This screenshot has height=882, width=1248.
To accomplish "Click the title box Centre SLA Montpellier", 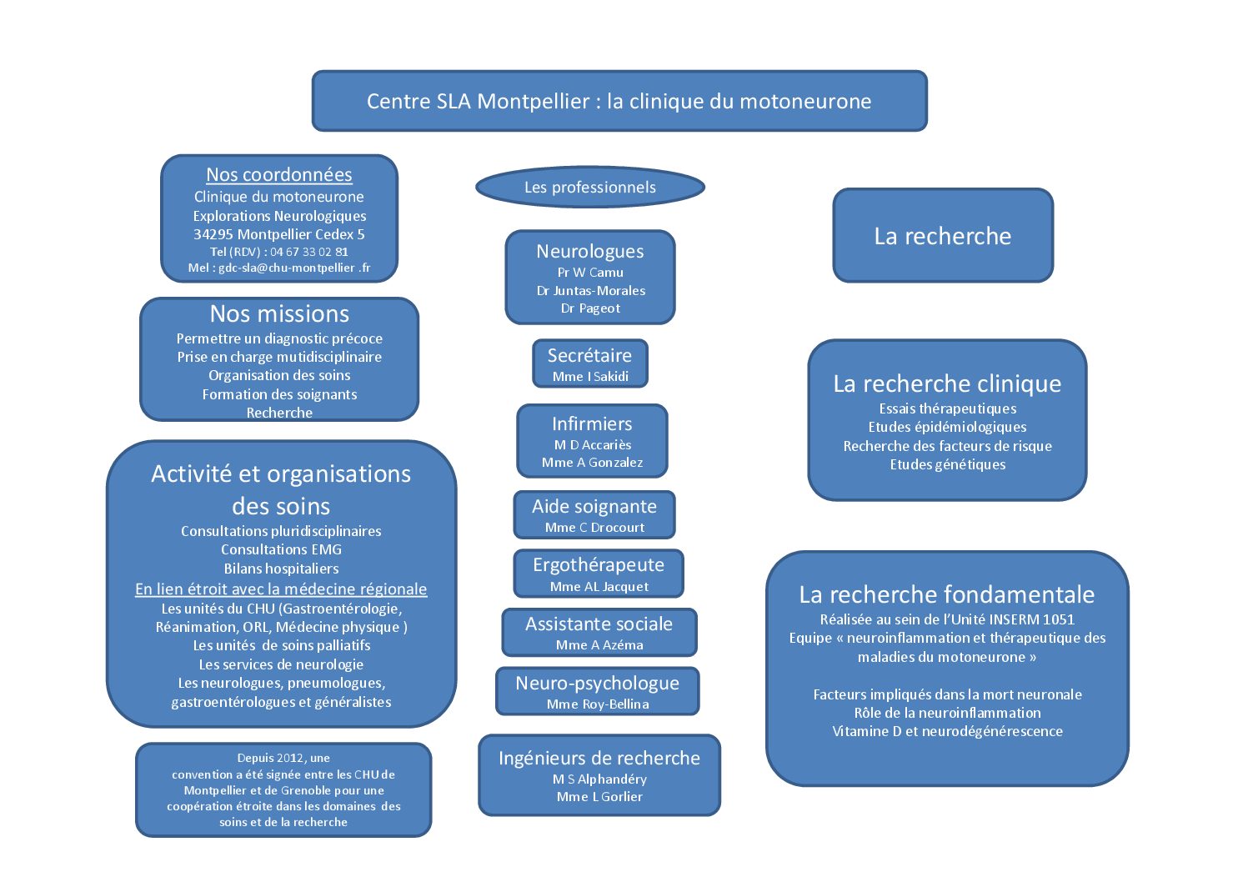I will [619, 101].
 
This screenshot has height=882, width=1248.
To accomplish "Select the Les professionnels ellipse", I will [589, 188].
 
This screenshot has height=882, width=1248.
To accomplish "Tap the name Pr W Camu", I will [590, 273].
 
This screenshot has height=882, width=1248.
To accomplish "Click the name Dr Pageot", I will [590, 308].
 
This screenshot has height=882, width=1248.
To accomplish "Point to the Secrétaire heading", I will [589, 355].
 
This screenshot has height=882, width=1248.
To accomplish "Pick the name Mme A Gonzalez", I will [592, 463].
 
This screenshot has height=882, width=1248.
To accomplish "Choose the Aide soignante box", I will [594, 514].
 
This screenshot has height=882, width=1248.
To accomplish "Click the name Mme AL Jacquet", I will [599, 587].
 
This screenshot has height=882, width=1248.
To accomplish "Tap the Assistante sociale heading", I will [599, 624].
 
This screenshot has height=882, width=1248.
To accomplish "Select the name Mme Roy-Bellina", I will [598, 704].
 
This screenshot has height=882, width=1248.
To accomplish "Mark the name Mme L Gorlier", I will [599, 797].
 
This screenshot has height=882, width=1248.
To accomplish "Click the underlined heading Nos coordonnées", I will [279, 175].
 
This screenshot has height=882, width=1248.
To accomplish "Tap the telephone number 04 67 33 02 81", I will [308, 252].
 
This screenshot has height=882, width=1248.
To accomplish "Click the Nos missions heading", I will [279, 314].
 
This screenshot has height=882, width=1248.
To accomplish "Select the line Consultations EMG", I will [281, 549].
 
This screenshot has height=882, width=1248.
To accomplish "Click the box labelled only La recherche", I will [943, 236].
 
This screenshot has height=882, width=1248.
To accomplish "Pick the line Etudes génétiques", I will [947, 464].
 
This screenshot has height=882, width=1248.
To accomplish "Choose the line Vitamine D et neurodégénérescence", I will [947, 731].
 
